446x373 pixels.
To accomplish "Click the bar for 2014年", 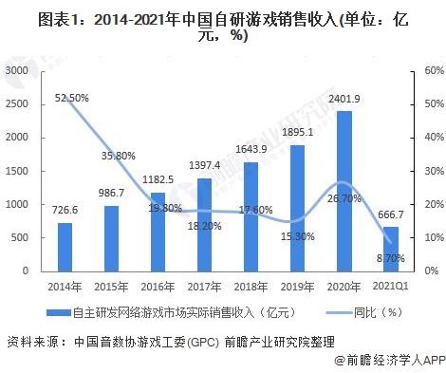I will click(x=65, y=246).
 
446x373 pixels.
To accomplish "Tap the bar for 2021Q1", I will click(x=391, y=248).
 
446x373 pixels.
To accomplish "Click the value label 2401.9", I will click(x=344, y=102).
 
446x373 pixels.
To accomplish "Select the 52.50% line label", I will click(x=73, y=97).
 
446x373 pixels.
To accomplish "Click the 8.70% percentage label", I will click(x=391, y=257).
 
